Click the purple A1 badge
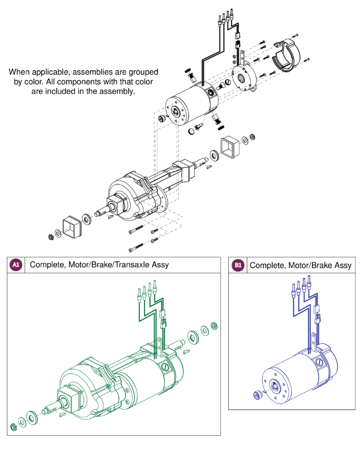tap(16, 265)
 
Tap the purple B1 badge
tap(238, 265)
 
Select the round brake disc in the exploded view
tap(243, 77)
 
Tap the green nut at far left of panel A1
tap(13, 427)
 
